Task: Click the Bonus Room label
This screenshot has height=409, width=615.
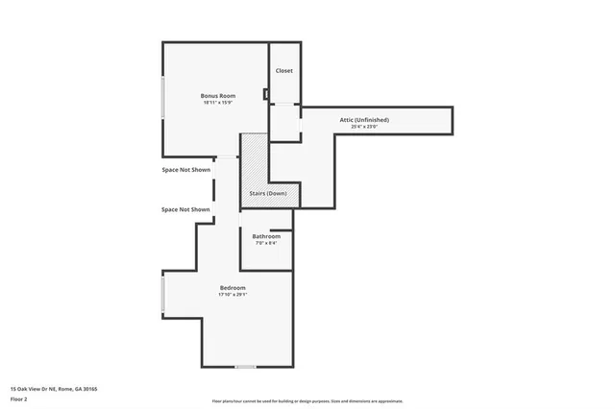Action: (218, 95)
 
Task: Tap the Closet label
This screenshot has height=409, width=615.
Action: (283, 71)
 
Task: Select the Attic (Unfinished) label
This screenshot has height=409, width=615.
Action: (364, 119)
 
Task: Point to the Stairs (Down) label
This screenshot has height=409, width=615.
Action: (268, 193)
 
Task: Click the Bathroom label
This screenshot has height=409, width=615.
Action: (266, 236)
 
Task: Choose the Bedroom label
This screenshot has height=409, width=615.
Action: (233, 288)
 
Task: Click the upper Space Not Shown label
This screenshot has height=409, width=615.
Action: (185, 170)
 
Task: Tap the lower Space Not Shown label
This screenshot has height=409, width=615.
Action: (185, 209)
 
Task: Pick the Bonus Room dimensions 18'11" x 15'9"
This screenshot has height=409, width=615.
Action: (218, 103)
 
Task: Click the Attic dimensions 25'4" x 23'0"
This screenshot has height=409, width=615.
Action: (364, 127)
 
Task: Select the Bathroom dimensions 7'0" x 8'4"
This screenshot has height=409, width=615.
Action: (266, 244)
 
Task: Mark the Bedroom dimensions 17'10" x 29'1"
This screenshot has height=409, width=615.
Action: (233, 296)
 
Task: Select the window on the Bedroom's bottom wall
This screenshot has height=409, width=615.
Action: (246, 367)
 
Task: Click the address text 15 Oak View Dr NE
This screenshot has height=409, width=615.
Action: (54, 389)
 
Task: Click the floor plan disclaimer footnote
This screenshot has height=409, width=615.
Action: (307, 401)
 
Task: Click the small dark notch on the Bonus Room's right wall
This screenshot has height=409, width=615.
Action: (265, 94)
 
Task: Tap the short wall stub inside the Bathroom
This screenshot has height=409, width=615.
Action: (281, 230)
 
